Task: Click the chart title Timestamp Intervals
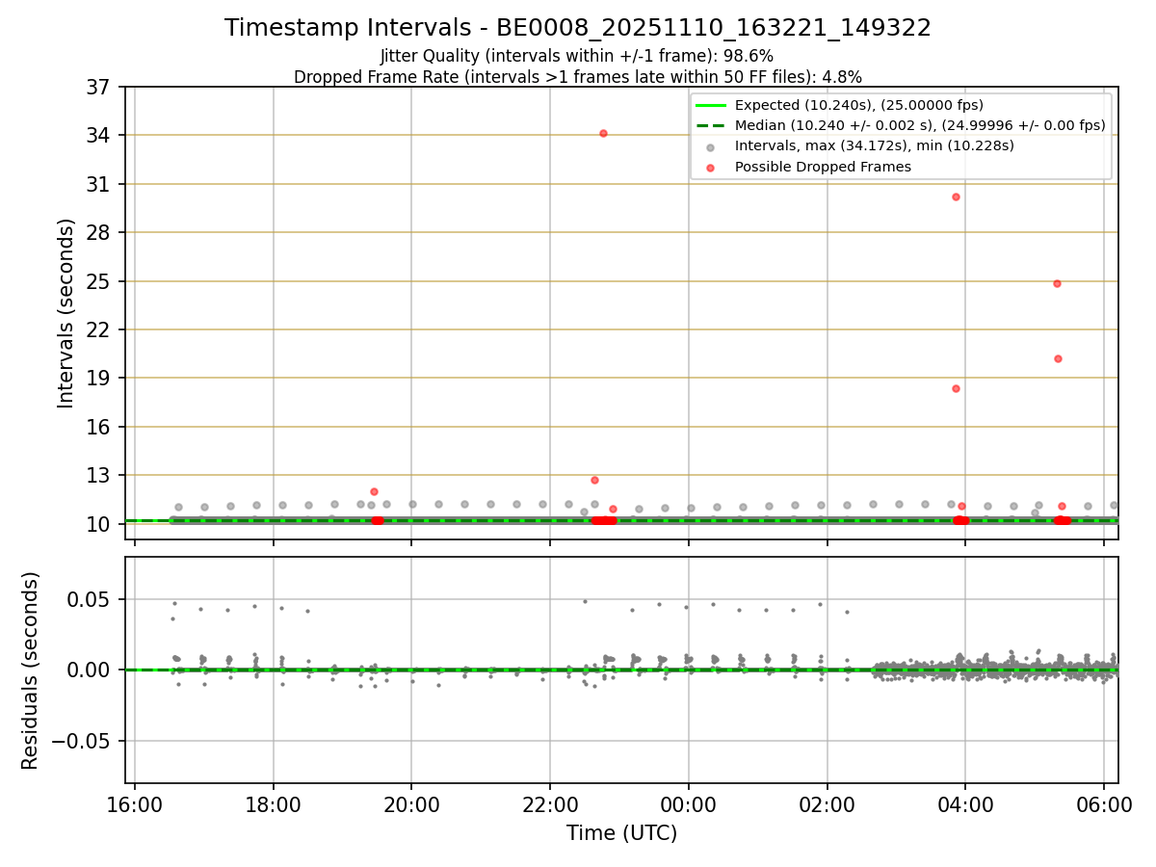point(578,28)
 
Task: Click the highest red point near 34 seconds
point(603,133)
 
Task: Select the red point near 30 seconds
point(956,197)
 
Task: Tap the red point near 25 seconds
point(1057,283)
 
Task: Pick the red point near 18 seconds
point(956,388)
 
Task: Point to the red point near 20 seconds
point(1058,358)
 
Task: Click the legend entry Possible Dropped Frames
point(822,167)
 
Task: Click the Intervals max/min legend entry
point(874,145)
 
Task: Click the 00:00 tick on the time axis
point(689,801)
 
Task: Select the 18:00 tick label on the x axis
point(274,801)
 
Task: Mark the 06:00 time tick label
point(1104,801)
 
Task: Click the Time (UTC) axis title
point(621,833)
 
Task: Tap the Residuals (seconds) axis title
point(31,670)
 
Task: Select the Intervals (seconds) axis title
point(66,313)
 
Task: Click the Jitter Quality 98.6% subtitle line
point(577,56)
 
